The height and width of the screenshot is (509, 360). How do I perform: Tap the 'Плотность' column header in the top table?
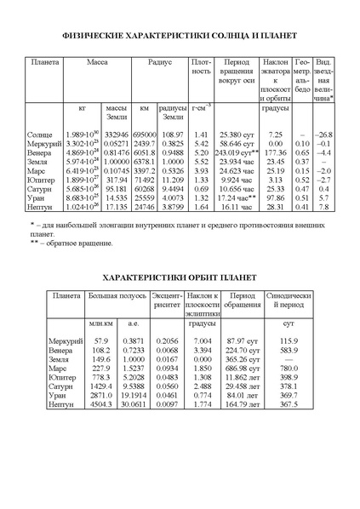tap(202, 67)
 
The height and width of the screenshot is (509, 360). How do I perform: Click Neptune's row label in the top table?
tap(44, 206)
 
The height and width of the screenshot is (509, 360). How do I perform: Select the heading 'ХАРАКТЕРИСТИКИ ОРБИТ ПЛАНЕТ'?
tap(180, 277)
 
